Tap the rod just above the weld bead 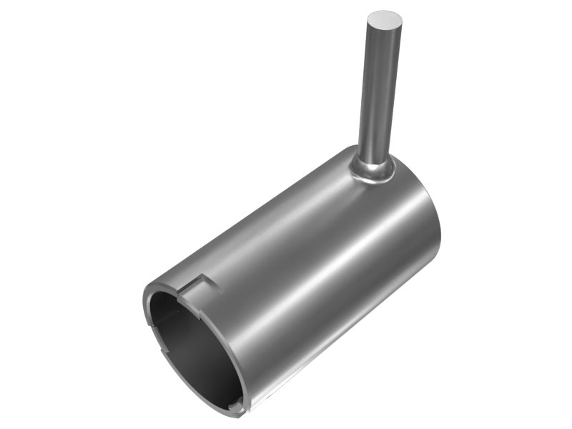click(x=373, y=151)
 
